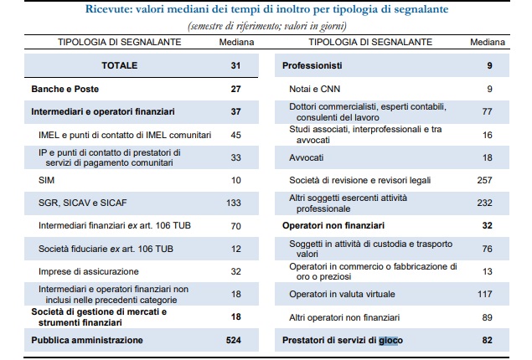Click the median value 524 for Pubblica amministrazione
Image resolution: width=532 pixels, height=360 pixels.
[234, 340]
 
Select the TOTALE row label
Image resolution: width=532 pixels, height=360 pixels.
[120, 65]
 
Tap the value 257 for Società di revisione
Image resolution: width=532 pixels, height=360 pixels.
[484, 180]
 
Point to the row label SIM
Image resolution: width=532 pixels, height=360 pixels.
[46, 180]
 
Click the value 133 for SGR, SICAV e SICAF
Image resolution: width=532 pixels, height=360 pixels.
[234, 203]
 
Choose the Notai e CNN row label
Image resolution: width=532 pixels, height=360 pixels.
[314, 89]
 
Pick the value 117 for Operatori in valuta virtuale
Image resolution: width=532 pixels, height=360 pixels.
[484, 294]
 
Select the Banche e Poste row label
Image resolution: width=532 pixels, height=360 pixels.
[65, 89]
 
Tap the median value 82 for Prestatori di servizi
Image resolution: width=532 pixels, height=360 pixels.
[488, 340]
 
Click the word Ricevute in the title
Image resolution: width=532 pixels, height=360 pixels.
[108, 9]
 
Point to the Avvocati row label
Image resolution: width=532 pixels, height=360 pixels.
[307, 157]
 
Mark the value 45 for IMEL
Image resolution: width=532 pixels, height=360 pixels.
[235, 135]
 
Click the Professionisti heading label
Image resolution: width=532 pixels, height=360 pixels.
[312, 65]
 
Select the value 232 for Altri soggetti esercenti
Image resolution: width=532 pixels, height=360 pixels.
[484, 203]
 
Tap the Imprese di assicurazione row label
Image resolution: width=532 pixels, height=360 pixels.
[89, 271]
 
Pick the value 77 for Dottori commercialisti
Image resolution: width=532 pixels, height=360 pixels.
[488, 111]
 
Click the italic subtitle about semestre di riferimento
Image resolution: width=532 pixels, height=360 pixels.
[267, 26]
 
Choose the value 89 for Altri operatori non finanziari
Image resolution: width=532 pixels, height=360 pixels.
[488, 317]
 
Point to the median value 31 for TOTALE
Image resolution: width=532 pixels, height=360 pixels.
[235, 65]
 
